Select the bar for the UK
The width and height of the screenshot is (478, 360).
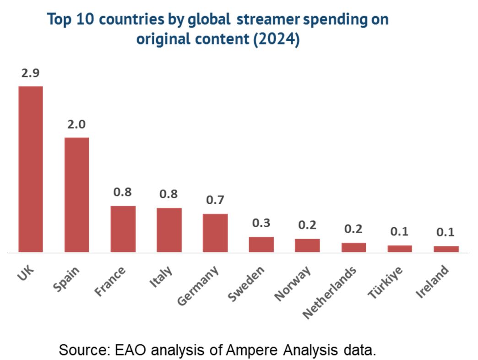[31, 169]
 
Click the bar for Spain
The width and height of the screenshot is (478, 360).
[76, 195]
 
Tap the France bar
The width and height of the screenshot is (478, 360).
[123, 229]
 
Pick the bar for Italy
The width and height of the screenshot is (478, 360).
[169, 230]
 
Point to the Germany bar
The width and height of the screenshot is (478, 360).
[215, 233]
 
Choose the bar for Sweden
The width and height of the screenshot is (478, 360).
[261, 244]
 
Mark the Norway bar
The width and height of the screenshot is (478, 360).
[307, 245]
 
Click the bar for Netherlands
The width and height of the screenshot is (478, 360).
[353, 247]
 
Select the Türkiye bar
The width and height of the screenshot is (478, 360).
[400, 249]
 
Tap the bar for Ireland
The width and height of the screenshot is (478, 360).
[446, 249]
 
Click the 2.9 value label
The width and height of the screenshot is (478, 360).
[31, 73]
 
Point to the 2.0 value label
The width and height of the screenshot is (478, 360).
[76, 125]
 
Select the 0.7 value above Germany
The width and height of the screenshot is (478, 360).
[215, 200]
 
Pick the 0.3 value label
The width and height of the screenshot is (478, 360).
[261, 224]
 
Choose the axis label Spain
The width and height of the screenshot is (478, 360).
[67, 278]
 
